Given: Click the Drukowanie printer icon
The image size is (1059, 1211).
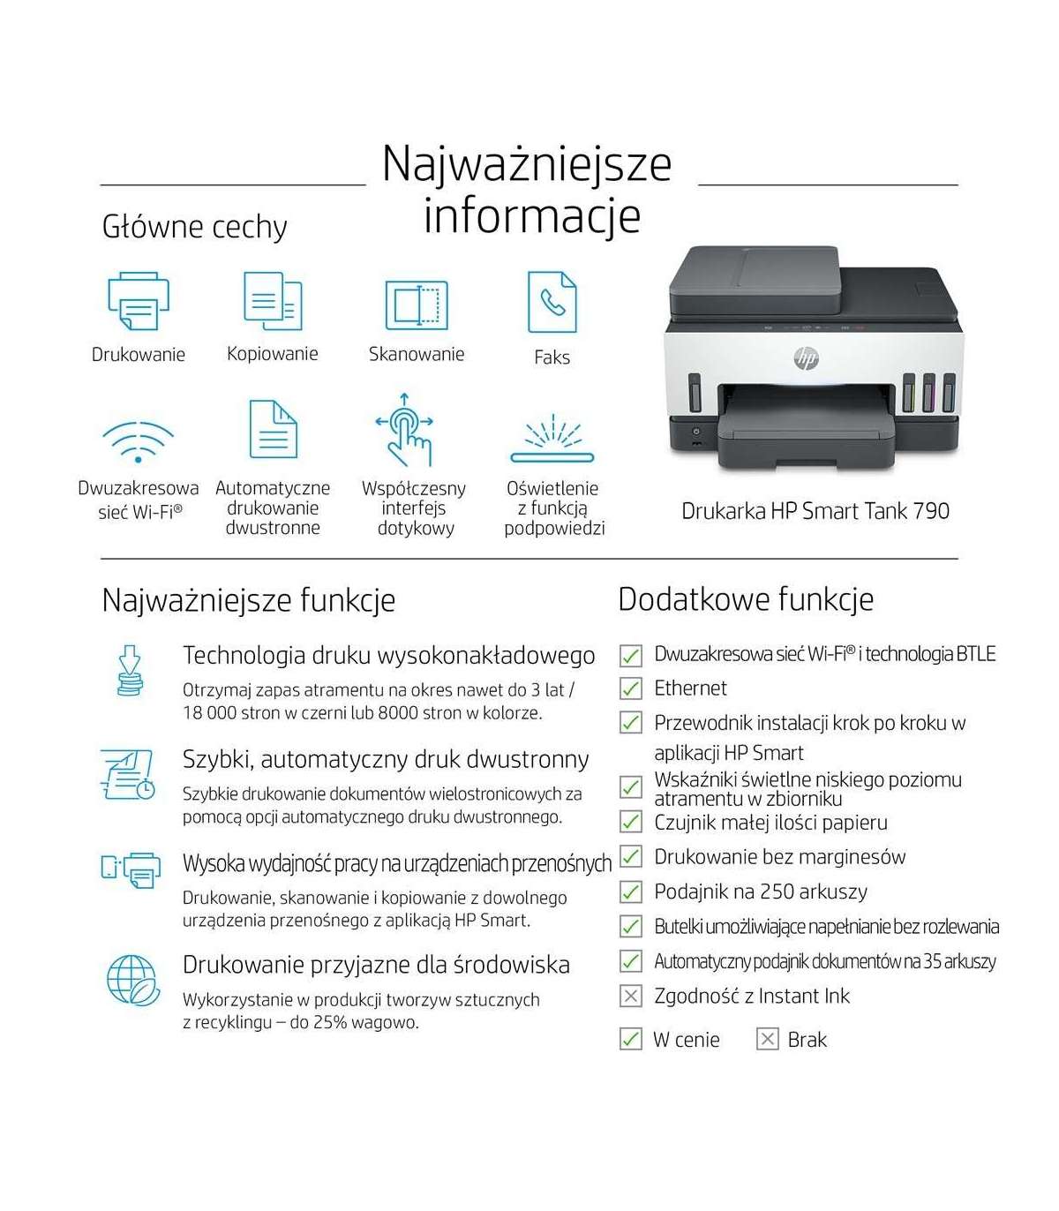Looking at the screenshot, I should [138, 302].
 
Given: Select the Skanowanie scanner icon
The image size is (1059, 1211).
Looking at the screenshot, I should [416, 305].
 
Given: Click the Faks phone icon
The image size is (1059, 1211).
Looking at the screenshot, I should [552, 302].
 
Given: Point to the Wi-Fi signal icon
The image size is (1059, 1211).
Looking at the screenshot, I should [138, 440].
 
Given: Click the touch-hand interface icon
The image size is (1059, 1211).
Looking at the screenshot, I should [405, 430].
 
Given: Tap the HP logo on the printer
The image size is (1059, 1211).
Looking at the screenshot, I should [806, 357].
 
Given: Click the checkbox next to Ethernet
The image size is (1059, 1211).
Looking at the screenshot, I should [630, 688].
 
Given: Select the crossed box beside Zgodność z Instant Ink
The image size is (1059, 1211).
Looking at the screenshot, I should [630, 997].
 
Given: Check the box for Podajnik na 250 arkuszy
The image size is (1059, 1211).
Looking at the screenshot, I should [630, 892].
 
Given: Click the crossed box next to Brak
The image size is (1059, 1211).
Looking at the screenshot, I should [768, 1040].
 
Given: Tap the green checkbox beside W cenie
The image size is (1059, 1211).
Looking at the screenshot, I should [630, 1040].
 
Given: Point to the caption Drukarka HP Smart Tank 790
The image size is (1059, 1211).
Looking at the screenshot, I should [815, 511].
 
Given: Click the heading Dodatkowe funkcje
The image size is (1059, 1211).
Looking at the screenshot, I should [746, 599].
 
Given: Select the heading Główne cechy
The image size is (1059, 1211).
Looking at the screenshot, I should [195, 227].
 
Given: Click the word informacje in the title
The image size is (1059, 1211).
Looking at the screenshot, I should [531, 216].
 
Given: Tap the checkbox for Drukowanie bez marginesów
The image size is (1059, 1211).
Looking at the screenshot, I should [630, 857].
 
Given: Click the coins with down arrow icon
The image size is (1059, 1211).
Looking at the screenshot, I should [131, 671].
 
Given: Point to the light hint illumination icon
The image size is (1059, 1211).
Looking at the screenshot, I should [552, 439].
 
